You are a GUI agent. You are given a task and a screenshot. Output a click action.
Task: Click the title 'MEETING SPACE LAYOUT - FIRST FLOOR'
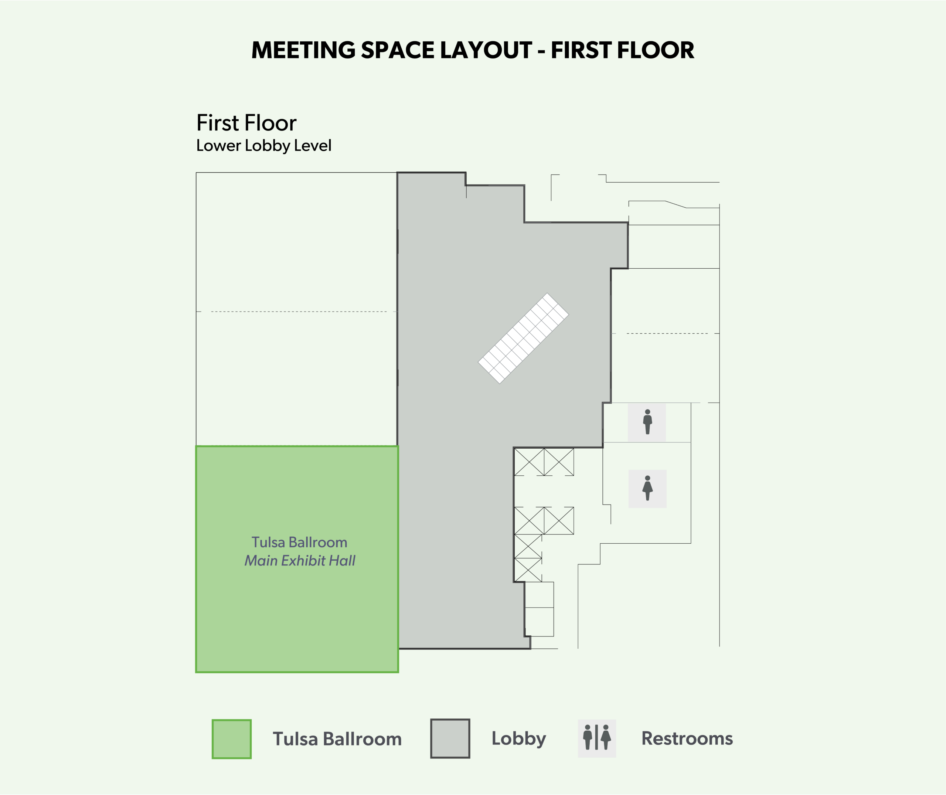pyautogui.click(x=473, y=50)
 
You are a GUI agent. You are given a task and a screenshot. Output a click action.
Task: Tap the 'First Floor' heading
pyautogui.click(x=246, y=123)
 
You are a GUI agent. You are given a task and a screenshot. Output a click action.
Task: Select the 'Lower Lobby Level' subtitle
pyautogui.click(x=263, y=146)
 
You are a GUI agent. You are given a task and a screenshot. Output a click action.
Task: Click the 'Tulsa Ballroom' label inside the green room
pyautogui.click(x=299, y=542)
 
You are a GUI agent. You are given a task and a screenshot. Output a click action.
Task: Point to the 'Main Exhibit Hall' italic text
pyautogui.click(x=300, y=561)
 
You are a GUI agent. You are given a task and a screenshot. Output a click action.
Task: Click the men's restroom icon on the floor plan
pyautogui.click(x=647, y=422)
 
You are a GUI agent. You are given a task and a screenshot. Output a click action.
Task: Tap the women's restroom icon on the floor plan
pyautogui.click(x=647, y=489)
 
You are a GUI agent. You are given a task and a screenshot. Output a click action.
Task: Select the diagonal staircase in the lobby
pyautogui.click(x=524, y=339)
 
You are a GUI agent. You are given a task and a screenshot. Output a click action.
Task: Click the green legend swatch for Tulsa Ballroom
pyautogui.click(x=232, y=739)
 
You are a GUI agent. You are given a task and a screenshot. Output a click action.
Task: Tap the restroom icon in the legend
pyautogui.click(x=597, y=738)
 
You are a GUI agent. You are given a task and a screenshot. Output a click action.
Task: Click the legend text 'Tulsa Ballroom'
pyautogui.click(x=337, y=739)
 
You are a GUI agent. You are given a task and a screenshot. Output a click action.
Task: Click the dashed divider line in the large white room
pyautogui.click(x=299, y=312)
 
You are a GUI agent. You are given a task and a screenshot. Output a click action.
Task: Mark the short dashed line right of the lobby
pyautogui.click(x=667, y=333)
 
